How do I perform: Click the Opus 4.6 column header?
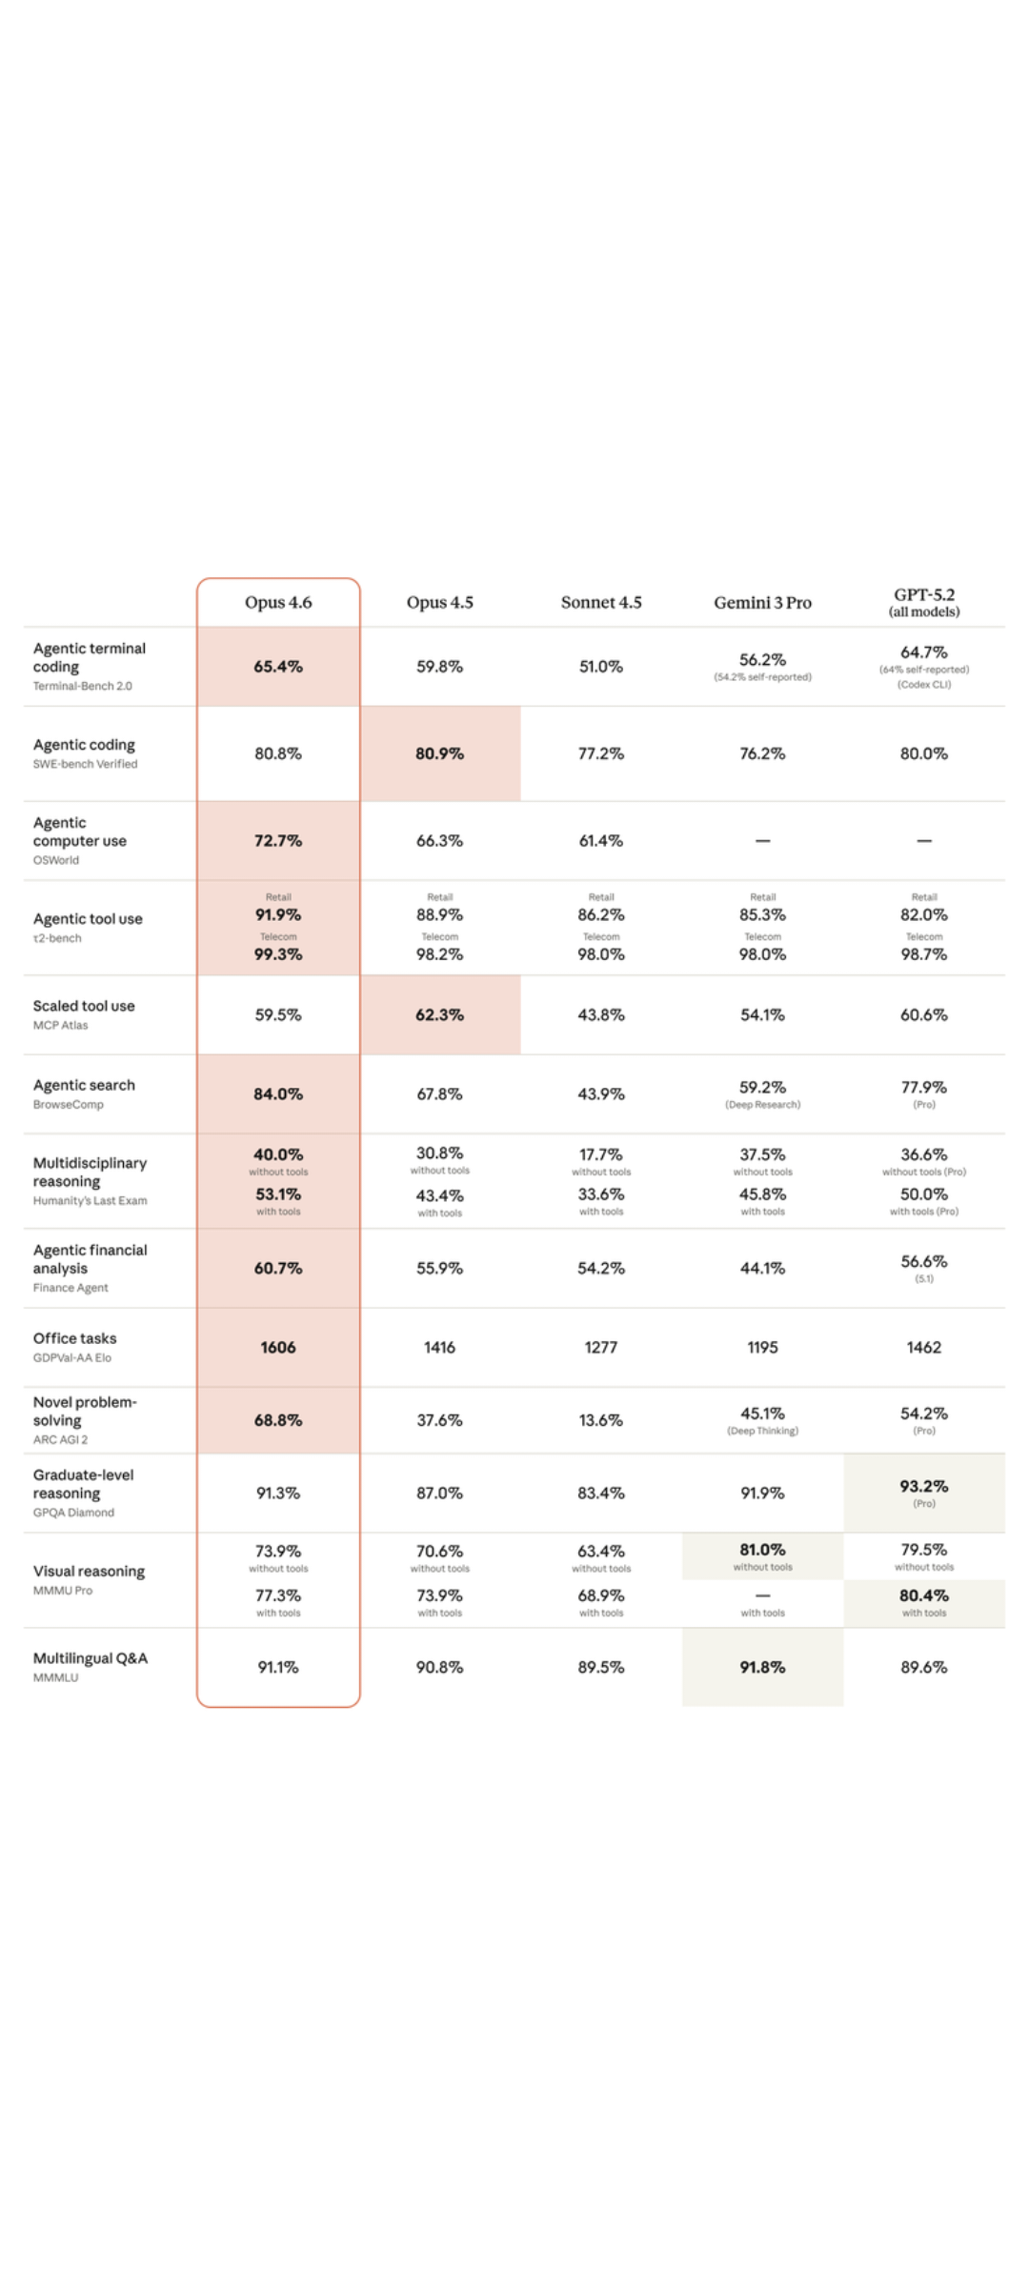coord(278,602)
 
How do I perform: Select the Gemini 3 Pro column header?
coord(762,602)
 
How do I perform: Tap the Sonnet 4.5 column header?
coord(601,602)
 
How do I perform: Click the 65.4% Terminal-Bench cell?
coord(278,667)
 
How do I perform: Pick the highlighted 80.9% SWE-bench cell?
coord(440,753)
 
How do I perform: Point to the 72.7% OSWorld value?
coord(278,841)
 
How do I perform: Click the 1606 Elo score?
coord(278,1348)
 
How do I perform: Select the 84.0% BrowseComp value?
coord(278,1094)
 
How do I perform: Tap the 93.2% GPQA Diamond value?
coord(924,1487)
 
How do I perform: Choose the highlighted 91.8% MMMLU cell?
coord(762,1667)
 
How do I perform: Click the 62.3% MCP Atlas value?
coord(440,1015)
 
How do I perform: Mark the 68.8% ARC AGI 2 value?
coord(278,1420)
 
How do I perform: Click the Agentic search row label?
coord(84,1086)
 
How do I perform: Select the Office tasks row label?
coord(74,1338)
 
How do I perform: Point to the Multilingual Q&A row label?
coord(91,1658)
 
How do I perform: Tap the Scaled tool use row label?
coord(84,1006)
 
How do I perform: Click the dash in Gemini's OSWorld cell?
coord(762,841)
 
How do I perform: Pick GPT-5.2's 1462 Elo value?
coord(924,1348)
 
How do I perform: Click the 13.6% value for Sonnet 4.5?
coord(601,1420)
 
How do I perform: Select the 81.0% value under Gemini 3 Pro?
coord(762,1550)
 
